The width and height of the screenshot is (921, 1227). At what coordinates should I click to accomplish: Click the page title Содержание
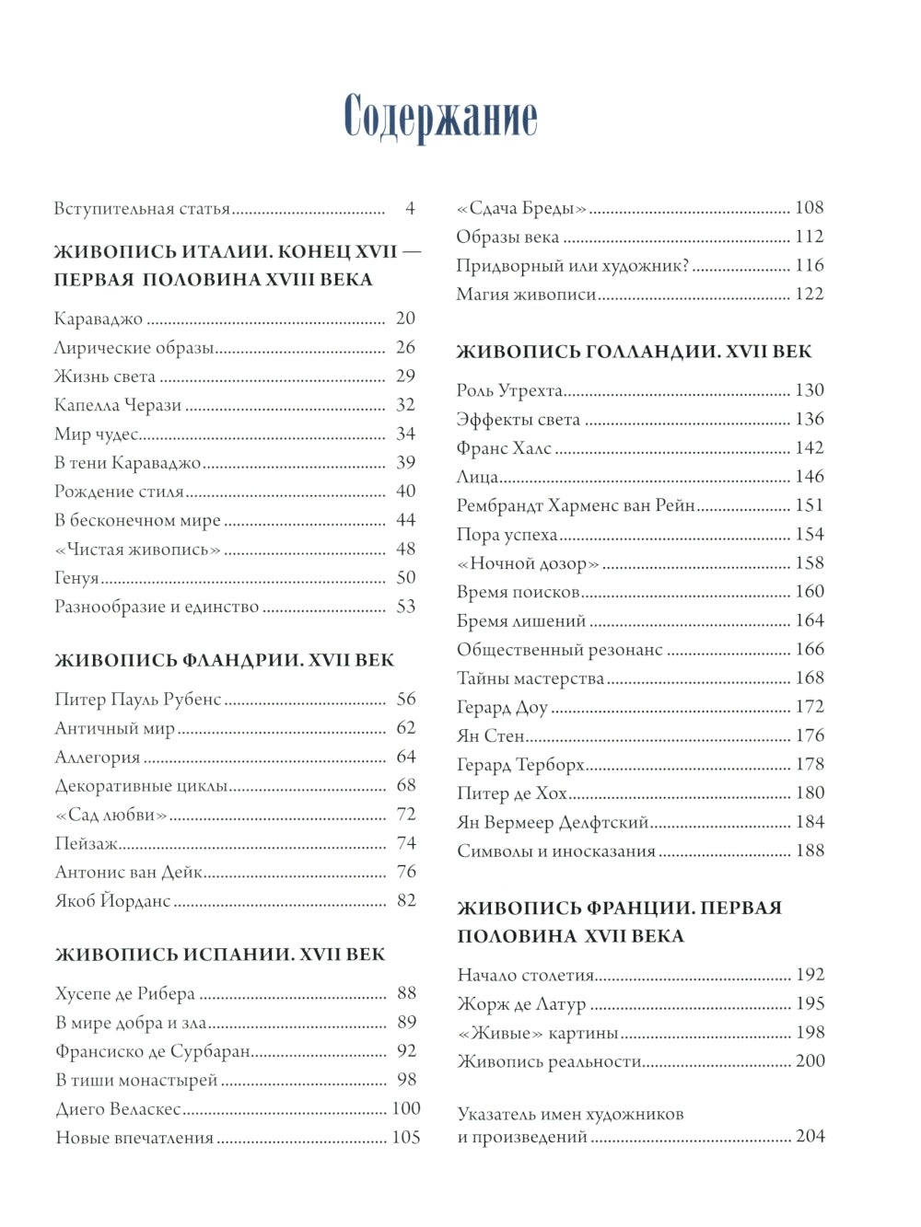(440, 117)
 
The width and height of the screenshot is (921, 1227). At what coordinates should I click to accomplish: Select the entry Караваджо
(99, 319)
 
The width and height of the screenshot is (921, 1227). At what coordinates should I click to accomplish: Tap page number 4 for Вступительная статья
(410, 209)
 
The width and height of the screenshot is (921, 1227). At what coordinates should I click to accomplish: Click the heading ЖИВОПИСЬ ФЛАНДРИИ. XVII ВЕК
(224, 660)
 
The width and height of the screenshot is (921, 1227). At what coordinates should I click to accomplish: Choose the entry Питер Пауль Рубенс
(138, 700)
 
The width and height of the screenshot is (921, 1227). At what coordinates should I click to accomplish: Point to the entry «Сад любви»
(111, 815)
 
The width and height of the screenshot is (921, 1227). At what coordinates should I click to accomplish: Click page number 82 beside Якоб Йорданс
(406, 900)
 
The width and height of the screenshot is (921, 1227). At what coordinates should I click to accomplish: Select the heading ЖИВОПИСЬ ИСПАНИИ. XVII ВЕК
(220, 955)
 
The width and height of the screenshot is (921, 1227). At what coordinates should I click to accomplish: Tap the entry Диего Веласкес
(118, 1109)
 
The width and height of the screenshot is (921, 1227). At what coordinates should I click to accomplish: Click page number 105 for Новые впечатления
(406, 1138)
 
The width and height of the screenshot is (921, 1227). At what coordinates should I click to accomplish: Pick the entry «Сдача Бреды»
(521, 209)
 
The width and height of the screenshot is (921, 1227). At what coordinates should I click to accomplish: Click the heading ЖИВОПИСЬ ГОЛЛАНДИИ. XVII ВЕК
(634, 352)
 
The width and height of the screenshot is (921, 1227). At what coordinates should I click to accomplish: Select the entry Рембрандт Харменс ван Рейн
(576, 505)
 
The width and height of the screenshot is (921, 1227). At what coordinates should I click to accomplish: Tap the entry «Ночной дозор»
(528, 563)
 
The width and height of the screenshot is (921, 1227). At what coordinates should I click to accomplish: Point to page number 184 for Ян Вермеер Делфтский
(810, 822)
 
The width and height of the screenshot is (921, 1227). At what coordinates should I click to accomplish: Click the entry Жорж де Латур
(521, 1004)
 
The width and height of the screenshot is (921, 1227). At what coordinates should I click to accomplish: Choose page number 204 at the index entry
(810, 1137)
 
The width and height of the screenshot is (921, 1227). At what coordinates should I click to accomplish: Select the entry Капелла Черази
(118, 405)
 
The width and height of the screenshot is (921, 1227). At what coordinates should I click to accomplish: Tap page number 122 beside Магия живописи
(810, 295)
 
